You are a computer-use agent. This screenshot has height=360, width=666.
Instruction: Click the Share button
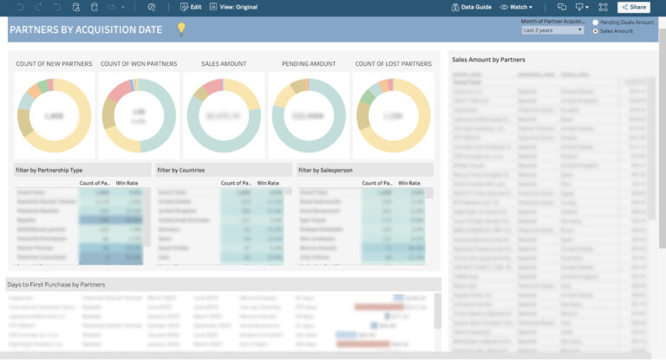pyautogui.click(x=633, y=7)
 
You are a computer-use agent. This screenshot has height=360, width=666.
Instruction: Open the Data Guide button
pyautogui.click(x=472, y=7)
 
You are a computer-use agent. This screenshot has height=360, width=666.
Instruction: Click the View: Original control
pyautogui.click(x=233, y=7)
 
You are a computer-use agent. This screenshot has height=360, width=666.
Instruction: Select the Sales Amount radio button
pyautogui.click(x=595, y=31)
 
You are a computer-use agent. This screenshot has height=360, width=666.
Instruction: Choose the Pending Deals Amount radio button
pyautogui.click(x=595, y=23)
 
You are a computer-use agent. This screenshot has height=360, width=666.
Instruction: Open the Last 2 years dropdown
pyautogui.click(x=552, y=30)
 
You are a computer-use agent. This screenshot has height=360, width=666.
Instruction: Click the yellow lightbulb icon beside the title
pyautogui.click(x=181, y=29)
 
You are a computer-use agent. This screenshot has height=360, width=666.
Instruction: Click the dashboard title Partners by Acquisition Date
pyautogui.click(x=85, y=29)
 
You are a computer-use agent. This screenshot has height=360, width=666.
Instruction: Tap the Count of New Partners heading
pyautogui.click(x=53, y=64)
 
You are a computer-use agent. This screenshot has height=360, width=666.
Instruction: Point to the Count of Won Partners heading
pyautogui.click(x=139, y=64)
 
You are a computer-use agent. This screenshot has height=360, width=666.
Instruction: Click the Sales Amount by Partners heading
pyautogui.click(x=488, y=60)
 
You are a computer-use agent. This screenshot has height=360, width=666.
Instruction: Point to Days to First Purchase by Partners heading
pyautogui.click(x=56, y=285)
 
